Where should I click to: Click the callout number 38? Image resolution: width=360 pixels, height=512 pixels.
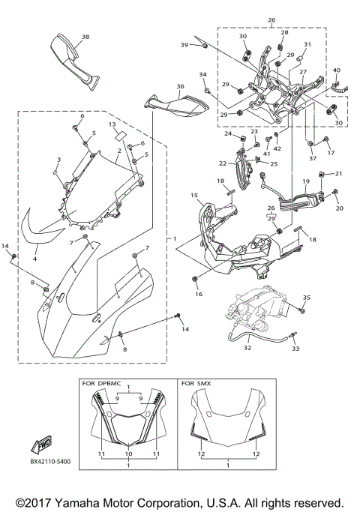(x=85, y=37)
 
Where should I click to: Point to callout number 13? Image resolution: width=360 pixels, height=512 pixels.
(x=111, y=124)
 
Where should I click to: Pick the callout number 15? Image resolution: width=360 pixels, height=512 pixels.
(x=193, y=196)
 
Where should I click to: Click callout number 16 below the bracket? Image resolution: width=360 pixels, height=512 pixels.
(x=199, y=295)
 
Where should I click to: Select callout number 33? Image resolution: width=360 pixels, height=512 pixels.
(x=295, y=349)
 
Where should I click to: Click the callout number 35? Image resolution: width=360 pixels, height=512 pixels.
(x=305, y=298)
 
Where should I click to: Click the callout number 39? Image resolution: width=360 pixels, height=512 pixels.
(x=184, y=46)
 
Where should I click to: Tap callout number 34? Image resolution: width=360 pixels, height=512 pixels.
(x=202, y=75)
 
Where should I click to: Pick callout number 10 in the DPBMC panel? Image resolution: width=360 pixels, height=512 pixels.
(x=129, y=454)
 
